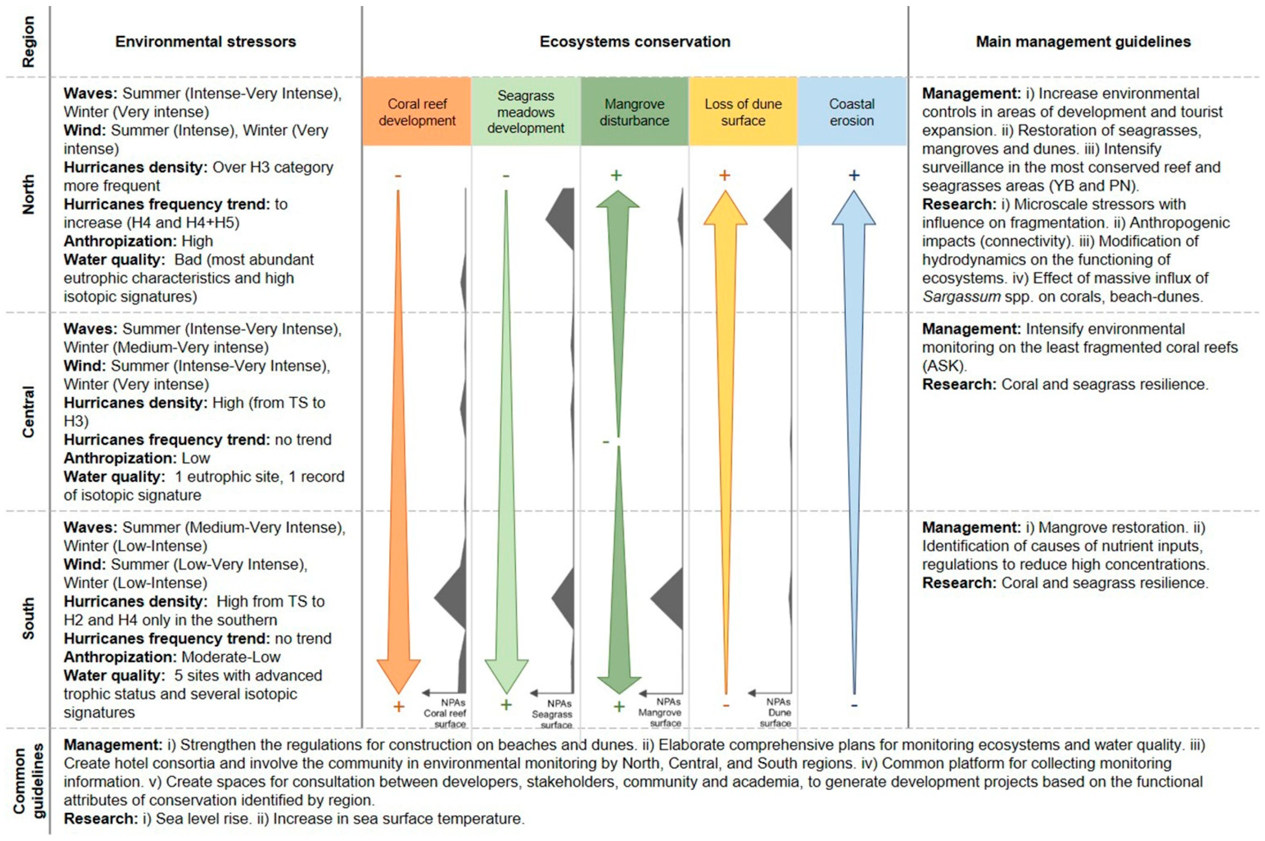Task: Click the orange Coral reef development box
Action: pyautogui.click(x=417, y=112)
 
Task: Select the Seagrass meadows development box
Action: pyautogui.click(x=526, y=112)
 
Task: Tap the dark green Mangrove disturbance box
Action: pyautogui.click(x=634, y=112)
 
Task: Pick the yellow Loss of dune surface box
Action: pyautogui.click(x=743, y=112)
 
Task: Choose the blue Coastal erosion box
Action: pyautogui.click(x=852, y=112)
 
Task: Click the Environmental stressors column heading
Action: pyautogui.click(x=206, y=42)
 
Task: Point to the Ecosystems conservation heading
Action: pyautogui.click(x=634, y=42)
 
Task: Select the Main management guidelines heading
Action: pyautogui.click(x=1083, y=42)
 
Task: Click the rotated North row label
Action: pyautogui.click(x=28, y=194)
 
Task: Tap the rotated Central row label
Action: pyautogui.click(x=28, y=411)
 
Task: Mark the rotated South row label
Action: pyautogui.click(x=28, y=618)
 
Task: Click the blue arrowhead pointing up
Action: pyautogui.click(x=853, y=209)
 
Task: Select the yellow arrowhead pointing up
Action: pyautogui.click(x=725, y=209)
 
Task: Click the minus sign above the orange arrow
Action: pyautogui.click(x=398, y=176)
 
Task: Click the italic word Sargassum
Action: pyautogui.click(x=961, y=296)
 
